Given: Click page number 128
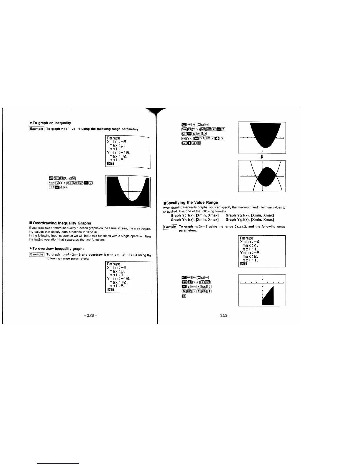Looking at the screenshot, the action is [91, 315].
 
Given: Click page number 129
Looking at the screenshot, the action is [224, 316].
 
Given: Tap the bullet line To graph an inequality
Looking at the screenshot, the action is [51, 123].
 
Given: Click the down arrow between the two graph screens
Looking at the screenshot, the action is [262, 157].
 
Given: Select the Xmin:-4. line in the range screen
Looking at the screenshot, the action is [251, 242].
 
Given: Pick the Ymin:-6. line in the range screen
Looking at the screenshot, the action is [251, 253].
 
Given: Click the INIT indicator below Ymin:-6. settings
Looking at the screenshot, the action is [244, 264].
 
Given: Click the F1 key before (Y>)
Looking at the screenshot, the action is [189, 129].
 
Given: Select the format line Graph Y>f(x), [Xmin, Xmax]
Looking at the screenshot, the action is [194, 215].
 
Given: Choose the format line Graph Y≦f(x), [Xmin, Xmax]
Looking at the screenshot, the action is [250, 219].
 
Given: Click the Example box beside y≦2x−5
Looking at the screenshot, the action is [170, 227].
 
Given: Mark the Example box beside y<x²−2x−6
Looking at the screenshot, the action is [37, 129].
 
